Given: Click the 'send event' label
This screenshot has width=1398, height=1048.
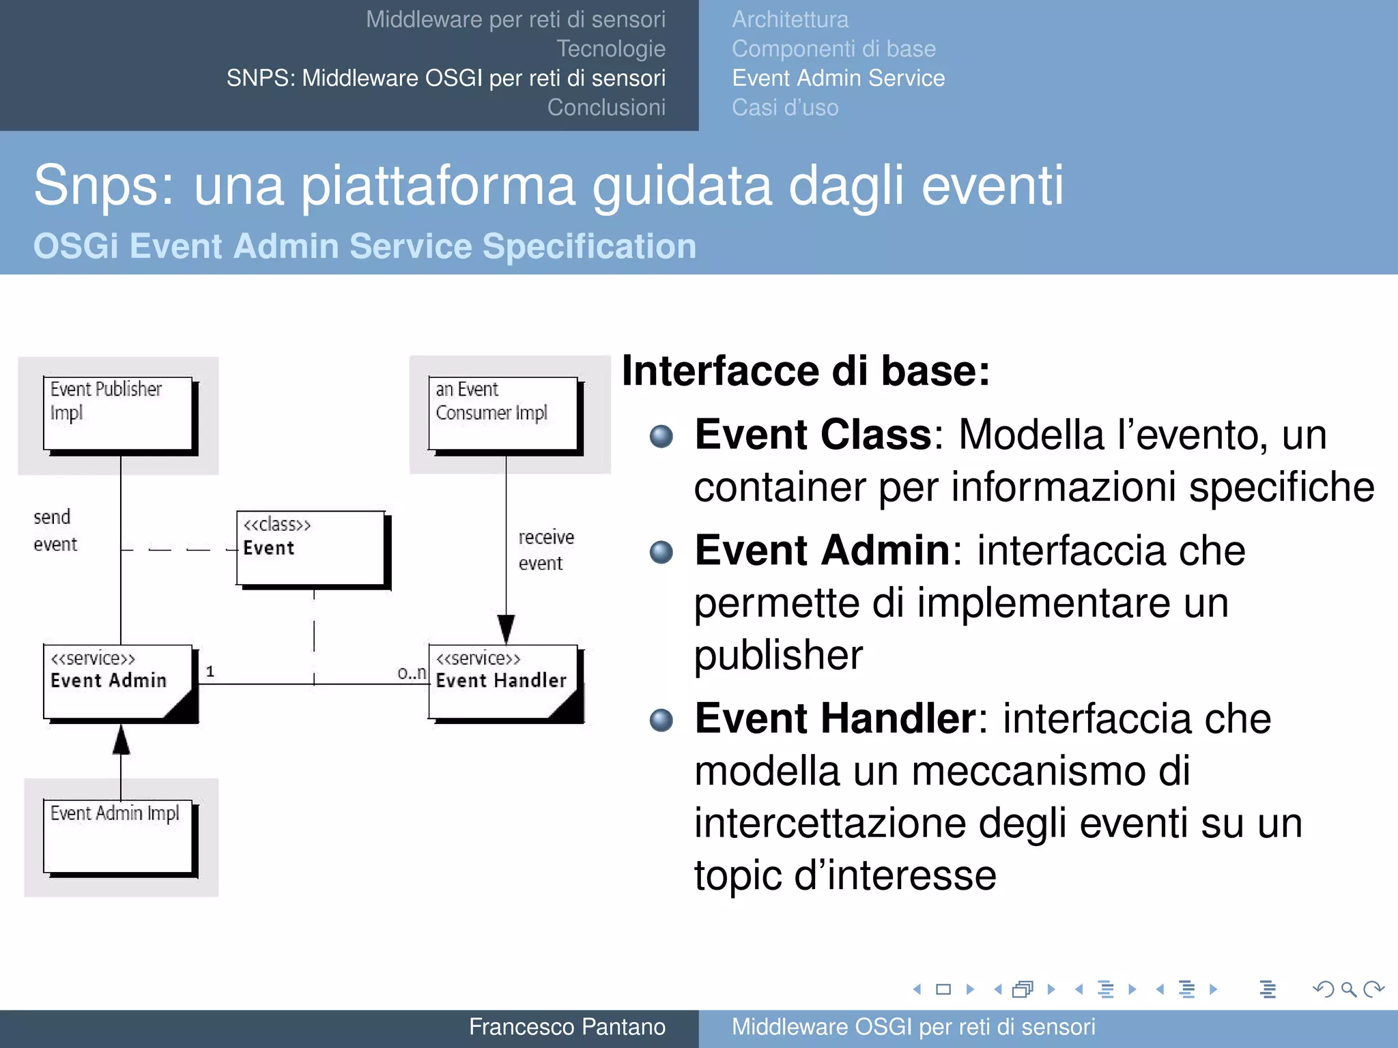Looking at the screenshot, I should tap(55, 530).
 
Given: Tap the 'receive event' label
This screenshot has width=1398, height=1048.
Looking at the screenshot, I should tap(545, 550).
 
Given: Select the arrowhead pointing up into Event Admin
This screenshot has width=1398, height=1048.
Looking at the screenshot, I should tap(121, 740).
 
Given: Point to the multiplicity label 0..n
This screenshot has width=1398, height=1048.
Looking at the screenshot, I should tap(412, 673).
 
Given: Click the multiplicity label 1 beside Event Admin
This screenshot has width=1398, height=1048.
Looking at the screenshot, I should tap(210, 672).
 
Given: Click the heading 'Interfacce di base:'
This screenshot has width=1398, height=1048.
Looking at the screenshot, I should tap(805, 371).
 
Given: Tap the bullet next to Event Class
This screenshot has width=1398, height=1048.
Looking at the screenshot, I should tap(661, 436).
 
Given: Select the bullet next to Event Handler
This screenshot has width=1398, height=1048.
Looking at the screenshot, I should tap(661, 720).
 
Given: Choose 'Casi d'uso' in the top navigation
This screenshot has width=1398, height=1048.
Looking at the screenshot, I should tap(785, 108).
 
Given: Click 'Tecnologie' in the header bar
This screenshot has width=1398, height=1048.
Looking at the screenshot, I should tap(610, 49).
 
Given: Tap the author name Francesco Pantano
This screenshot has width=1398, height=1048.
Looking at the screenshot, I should tap(567, 1027).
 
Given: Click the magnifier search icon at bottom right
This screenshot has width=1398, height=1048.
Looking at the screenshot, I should tap(1348, 989).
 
